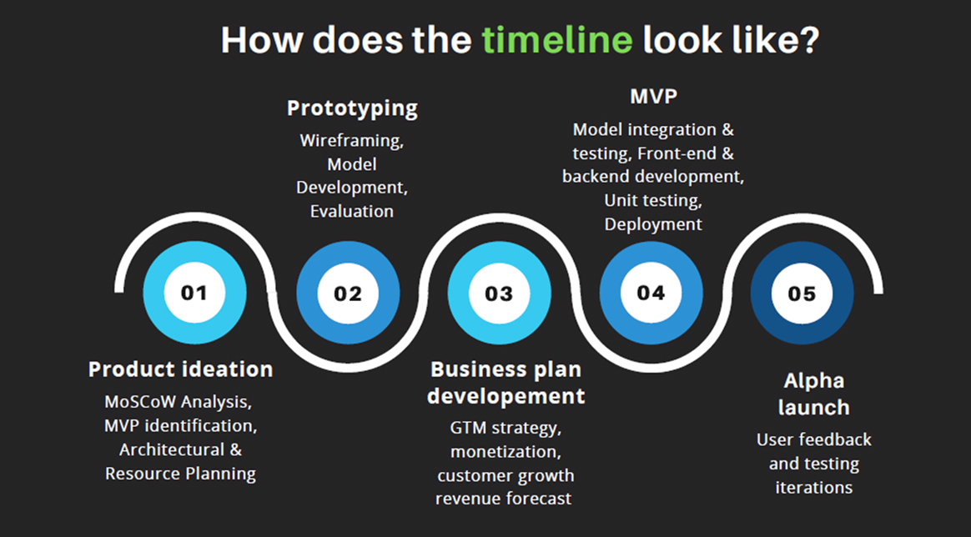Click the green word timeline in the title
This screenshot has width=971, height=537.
coord(557,39)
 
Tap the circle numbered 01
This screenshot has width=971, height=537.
coord(194,293)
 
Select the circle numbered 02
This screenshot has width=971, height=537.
coord(348,293)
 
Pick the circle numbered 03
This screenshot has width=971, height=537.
coord(499,293)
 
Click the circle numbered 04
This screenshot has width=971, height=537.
coord(651,293)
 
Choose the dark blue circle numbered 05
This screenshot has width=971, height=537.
coord(802,293)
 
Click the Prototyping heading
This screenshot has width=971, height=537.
coord(352,109)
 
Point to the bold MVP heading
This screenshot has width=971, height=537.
coord(653,97)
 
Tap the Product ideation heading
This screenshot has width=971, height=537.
coord(181,369)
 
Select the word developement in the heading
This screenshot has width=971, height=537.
coord(506,397)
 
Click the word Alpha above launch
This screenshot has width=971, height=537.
coord(813,381)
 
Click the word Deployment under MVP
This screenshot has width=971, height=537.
coord(653,224)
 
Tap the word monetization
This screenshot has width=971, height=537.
coord(506,452)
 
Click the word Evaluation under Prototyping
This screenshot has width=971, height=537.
coord(352,212)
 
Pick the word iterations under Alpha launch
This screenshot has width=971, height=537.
coord(813,488)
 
